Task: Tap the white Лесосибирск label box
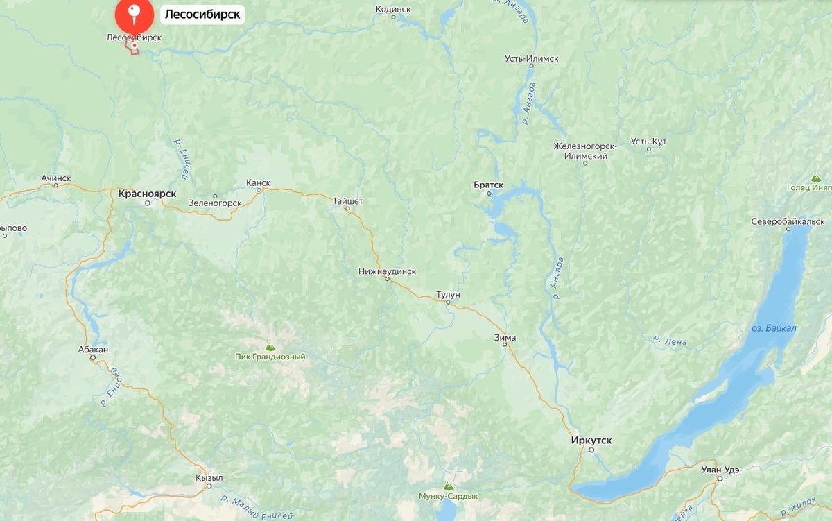pyautogui.click(x=202, y=14)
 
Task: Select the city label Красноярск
pyautogui.click(x=147, y=194)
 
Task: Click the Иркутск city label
pyautogui.click(x=591, y=441)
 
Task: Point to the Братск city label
pyautogui.click(x=488, y=185)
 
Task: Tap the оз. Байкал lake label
pyautogui.click(x=774, y=328)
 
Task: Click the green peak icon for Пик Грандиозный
pyautogui.click(x=270, y=346)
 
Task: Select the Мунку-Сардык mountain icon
pyautogui.click(x=448, y=487)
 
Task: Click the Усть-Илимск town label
pyautogui.click(x=531, y=59)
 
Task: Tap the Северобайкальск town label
pyautogui.click(x=788, y=221)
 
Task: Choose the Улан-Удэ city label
pyautogui.click(x=720, y=470)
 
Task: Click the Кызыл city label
pyautogui.click(x=209, y=478)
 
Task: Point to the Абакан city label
pyautogui.click(x=93, y=350)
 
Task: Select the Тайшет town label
pyautogui.click(x=347, y=201)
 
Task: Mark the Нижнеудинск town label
pyautogui.click(x=387, y=271)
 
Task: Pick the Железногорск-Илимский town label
pyautogui.click(x=581, y=151)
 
